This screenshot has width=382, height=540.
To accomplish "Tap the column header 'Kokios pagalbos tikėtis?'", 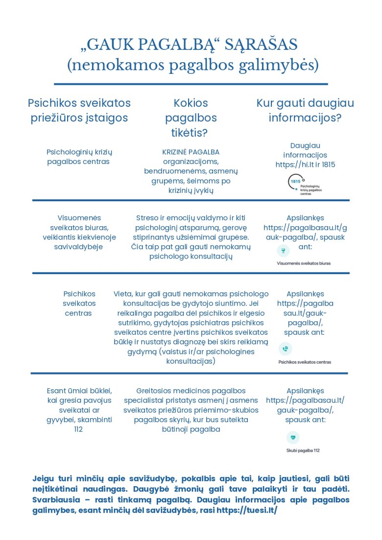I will [x=191, y=117].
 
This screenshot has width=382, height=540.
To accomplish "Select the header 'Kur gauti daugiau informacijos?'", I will [x=305, y=111].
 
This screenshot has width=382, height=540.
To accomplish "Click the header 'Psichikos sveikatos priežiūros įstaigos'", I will [x=79, y=111].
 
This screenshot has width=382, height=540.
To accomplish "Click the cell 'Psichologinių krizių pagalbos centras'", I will [x=79, y=157].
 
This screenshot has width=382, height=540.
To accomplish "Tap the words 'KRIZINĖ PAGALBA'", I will [x=191, y=152].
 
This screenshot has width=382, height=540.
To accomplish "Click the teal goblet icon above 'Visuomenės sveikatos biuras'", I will [x=282, y=251].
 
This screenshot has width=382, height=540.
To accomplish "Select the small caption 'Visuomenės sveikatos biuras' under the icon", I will [x=304, y=263].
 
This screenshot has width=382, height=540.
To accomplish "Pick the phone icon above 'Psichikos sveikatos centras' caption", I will [x=285, y=349].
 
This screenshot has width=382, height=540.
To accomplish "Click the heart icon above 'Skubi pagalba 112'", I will [x=292, y=438].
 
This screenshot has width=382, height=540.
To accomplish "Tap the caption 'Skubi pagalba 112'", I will [x=303, y=450].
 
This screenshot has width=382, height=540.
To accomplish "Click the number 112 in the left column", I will [x=79, y=429].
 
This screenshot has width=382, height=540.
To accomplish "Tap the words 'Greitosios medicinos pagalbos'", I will [x=191, y=391].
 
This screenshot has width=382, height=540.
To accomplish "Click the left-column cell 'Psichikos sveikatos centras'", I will [x=79, y=304].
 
